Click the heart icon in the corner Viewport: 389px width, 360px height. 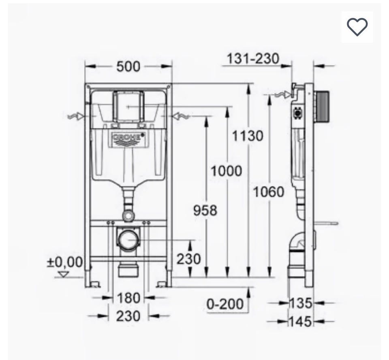click(357, 27)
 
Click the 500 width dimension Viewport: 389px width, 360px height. click(128, 66)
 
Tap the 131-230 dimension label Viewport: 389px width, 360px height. click(253, 59)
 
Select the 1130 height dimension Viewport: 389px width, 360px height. click(248, 136)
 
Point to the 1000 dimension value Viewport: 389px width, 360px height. click(226, 171)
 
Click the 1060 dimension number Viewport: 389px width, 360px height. click(268, 192)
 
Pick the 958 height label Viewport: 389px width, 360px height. click(205, 211)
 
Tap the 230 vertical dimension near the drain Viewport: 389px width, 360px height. click(188, 259)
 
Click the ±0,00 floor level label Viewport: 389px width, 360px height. click(64, 262)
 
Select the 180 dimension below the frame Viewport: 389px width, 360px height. click(128, 298)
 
